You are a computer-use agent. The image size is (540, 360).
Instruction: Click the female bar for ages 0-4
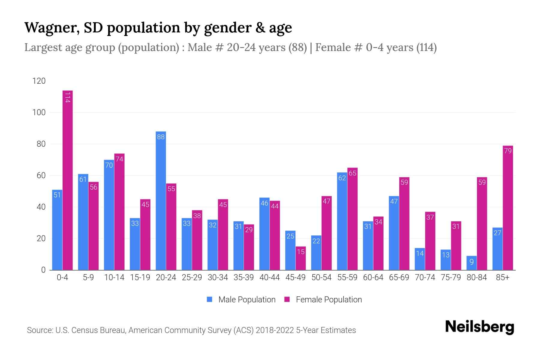pos(67,180)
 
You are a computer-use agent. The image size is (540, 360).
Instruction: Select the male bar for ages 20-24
pos(161,201)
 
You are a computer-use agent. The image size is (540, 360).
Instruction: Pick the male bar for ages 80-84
pos(472,263)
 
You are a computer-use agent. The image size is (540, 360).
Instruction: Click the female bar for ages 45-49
pos(301,258)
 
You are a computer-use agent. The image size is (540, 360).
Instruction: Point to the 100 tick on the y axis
pos(39,113)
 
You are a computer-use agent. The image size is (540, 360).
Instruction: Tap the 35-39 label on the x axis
pos(244,277)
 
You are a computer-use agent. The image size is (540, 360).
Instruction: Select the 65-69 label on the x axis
pos(399,277)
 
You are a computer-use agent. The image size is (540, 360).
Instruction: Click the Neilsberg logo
pos(479,327)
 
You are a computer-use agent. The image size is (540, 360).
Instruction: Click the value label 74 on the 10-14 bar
pos(119,159)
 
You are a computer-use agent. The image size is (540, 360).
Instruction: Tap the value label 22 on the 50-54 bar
pos(316,241)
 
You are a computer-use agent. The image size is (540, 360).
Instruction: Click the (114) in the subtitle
pos(426,47)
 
